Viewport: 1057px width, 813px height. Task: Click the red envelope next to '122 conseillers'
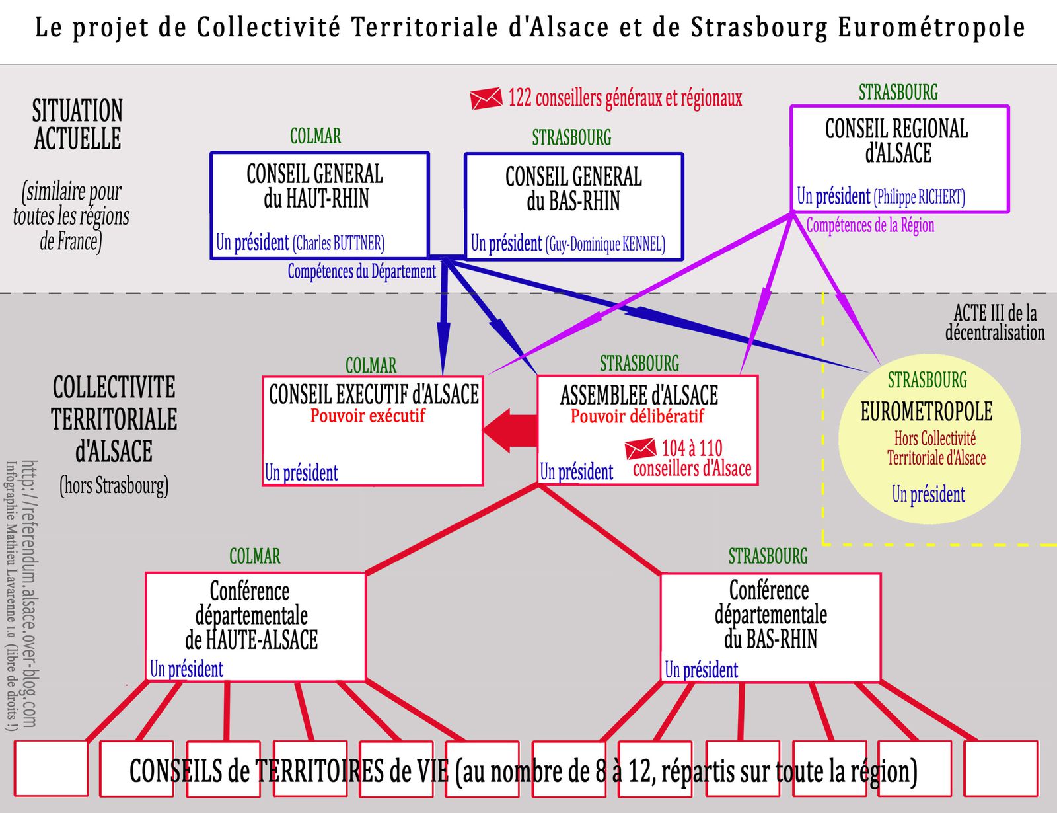coord(486,98)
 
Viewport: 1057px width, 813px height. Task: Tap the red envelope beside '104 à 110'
coord(641,449)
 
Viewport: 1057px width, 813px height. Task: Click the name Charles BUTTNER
coord(338,243)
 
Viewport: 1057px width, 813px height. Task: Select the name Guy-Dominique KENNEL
coord(605,244)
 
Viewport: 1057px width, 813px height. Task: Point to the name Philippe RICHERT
coord(920,197)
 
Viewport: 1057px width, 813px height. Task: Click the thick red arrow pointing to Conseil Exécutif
coord(510,430)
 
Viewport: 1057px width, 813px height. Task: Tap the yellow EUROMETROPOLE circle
coord(929,439)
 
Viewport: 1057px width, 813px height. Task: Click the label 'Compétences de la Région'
coord(870,225)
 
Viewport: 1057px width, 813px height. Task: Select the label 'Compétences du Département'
coord(361,272)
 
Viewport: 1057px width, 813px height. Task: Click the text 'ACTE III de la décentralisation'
coord(995,323)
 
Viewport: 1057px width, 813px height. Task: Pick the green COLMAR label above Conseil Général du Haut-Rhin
coord(315,135)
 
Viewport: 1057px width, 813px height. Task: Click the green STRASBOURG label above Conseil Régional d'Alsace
coord(898,93)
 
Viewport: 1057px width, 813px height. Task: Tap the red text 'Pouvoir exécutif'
coord(368,416)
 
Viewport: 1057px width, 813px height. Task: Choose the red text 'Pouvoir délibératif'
coord(638,416)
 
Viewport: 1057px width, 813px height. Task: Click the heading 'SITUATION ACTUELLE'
coord(77,124)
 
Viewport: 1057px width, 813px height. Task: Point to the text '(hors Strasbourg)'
coord(114,486)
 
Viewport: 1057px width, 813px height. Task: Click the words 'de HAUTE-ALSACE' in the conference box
coord(252,640)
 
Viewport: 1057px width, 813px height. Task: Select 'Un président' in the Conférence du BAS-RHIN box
coord(702,670)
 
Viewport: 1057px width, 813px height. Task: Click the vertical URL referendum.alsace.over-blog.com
coord(29,594)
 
